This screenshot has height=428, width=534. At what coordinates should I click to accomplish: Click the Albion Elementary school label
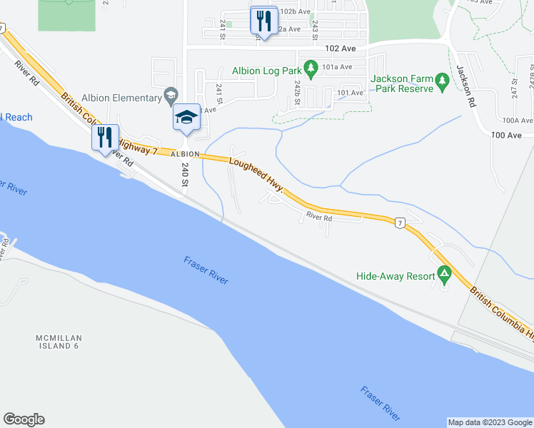pos(121,98)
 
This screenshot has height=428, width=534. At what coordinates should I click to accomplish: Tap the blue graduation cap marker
pos(186,117)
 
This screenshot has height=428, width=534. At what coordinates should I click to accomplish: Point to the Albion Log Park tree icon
pos(311,70)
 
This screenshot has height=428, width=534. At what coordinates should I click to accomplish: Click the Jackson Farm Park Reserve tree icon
pos(442,83)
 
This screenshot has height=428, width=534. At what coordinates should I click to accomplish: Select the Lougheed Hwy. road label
pos(256,175)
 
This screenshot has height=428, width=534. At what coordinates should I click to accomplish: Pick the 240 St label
pos(185,175)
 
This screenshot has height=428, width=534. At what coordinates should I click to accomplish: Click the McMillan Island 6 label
pos(57,341)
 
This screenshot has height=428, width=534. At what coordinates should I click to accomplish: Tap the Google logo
pos(24,419)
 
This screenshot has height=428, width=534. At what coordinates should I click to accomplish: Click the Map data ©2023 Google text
pos(490,422)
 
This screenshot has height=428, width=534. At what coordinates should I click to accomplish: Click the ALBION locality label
pos(186,153)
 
